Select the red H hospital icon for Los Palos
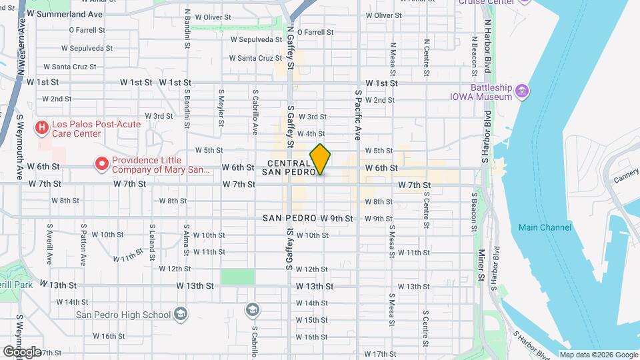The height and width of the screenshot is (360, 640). coord(42,126)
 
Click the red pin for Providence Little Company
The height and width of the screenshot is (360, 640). coord(102,163)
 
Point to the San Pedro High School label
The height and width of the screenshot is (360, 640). coord(123,315)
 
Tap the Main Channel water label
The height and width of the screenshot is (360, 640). coord(545,227)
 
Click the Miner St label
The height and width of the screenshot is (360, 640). coord(481,265)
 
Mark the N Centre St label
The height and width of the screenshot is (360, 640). coord(426,56)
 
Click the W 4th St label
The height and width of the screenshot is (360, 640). coord(311,134)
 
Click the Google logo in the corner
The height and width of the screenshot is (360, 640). coord(21,351)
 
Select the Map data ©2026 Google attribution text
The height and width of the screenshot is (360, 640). coord(597,355)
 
